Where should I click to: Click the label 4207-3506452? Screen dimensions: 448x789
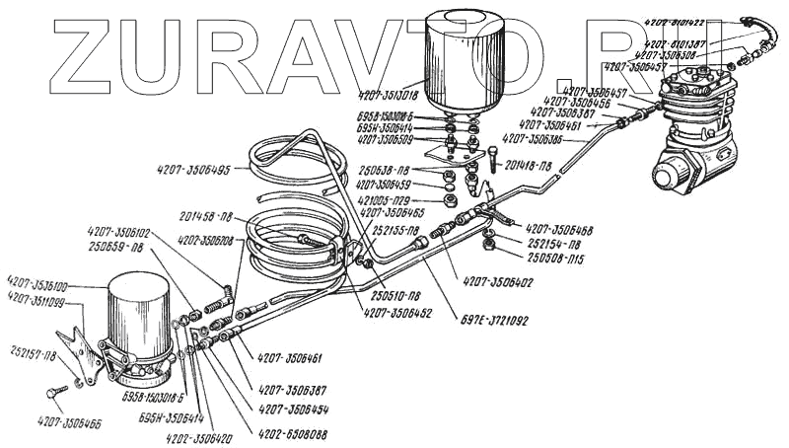(x=396, y=315)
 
